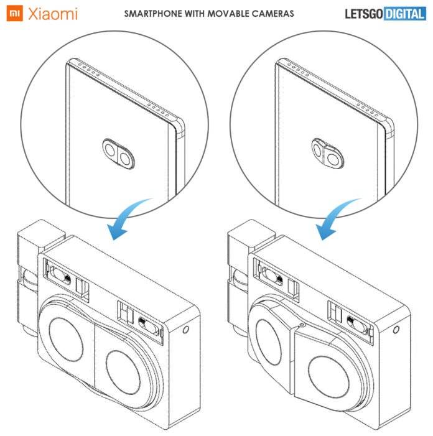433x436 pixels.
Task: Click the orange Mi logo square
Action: pyautogui.click(x=14, y=14)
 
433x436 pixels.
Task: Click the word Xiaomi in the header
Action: pyautogui.click(x=52, y=14)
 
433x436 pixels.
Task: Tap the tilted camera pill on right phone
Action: pyautogui.click(x=327, y=154)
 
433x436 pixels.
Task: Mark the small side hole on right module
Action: pyautogui.click(x=396, y=330)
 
